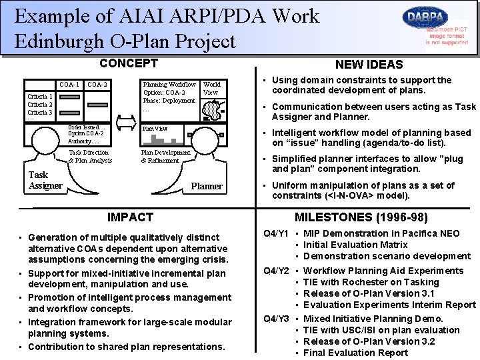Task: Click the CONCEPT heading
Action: click(x=128, y=63)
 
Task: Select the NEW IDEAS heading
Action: click(x=369, y=65)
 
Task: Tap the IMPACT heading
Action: click(x=130, y=217)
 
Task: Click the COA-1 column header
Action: click(x=69, y=85)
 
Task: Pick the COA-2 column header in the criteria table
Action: click(x=97, y=85)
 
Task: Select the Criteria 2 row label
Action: click(x=40, y=105)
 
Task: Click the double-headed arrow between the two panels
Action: click(x=126, y=123)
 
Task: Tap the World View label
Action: click(x=212, y=89)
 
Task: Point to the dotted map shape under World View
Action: click(x=211, y=109)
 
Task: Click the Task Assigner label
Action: click(x=45, y=181)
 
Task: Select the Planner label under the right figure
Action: click(x=207, y=186)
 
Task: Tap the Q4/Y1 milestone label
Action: click(x=276, y=233)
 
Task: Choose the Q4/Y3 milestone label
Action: click(x=276, y=319)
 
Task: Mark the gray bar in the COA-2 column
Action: click(x=97, y=105)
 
